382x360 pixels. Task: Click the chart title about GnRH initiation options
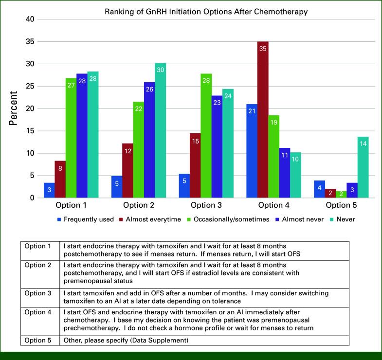tap(206, 11)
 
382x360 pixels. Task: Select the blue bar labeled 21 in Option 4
tap(251, 151)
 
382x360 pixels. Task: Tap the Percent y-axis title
tap(14, 108)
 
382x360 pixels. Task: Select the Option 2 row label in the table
tap(37, 265)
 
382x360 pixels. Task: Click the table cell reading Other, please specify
tap(126, 341)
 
